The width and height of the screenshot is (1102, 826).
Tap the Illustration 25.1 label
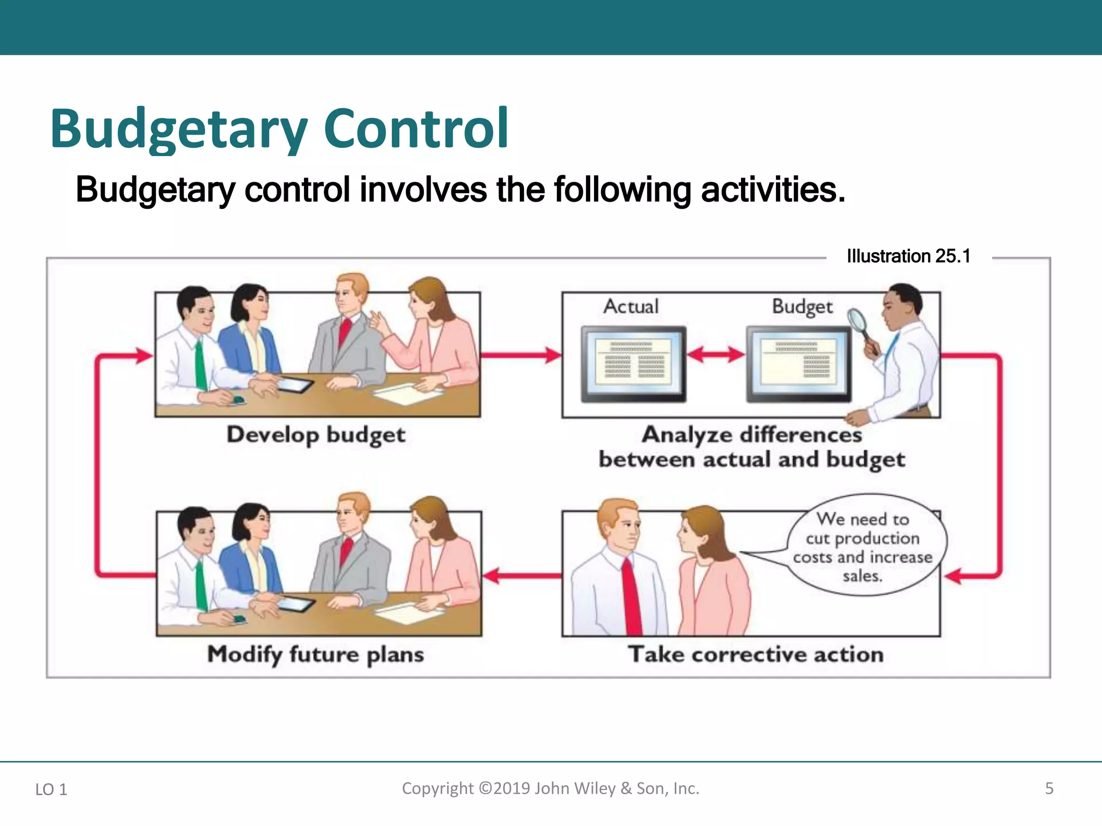(908, 257)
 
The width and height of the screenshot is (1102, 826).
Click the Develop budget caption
(316, 435)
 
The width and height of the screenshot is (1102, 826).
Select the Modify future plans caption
(316, 654)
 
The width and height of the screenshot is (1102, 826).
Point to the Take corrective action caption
(755, 654)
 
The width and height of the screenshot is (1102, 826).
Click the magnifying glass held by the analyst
(859, 323)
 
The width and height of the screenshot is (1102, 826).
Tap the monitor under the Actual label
(633, 364)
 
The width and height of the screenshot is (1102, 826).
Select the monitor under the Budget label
(799, 364)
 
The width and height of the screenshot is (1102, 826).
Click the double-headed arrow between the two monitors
(716, 354)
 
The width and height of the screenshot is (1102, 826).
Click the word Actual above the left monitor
(631, 307)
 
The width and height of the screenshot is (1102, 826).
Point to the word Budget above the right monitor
(802, 307)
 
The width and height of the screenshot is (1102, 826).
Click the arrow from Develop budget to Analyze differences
(520, 355)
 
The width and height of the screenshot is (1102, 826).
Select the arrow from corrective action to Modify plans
(522, 576)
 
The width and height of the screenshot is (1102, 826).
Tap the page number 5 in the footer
(1049, 788)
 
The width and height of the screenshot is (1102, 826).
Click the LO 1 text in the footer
(51, 789)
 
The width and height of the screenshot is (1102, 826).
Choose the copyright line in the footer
(550, 788)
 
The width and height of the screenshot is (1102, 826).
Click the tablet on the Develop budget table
(293, 386)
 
